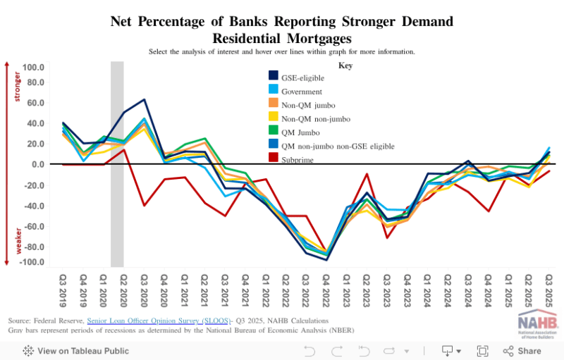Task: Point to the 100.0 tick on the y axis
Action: coord(33,68)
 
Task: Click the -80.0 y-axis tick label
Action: coord(32,247)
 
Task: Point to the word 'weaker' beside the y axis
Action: coord(18,240)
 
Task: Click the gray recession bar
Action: coord(117,162)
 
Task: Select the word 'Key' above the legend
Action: coord(345,65)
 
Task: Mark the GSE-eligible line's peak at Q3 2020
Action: coord(144,100)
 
